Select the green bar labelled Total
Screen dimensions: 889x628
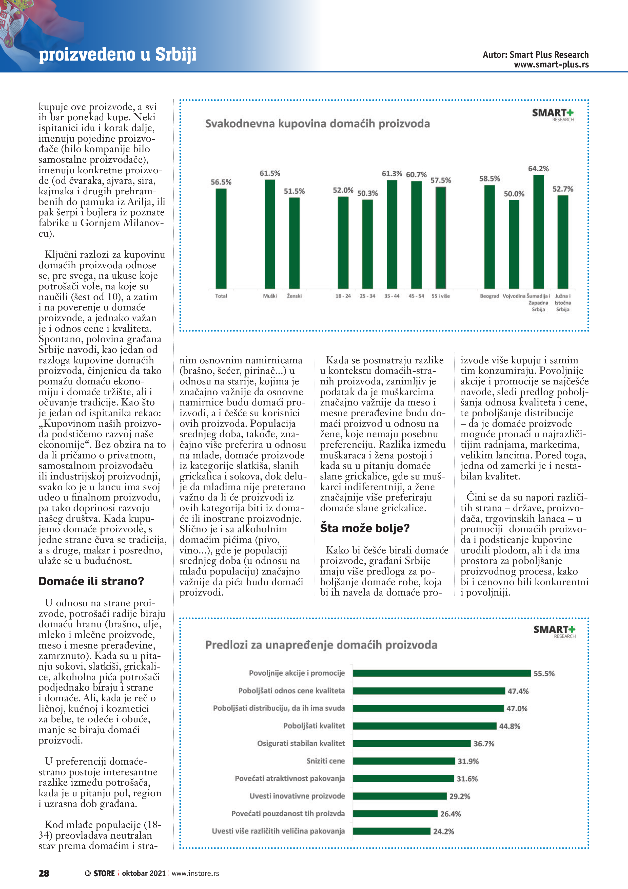pos(221,238)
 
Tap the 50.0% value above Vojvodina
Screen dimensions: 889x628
pos(514,194)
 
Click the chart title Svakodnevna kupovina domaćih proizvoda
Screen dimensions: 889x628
pos(317,123)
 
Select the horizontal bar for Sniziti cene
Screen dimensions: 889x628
pos(404,761)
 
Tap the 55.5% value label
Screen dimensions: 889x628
pos(544,674)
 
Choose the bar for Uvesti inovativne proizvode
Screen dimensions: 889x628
pos(399,796)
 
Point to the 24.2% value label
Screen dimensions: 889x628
pos(443,831)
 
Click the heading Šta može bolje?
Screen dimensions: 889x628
pos(364,528)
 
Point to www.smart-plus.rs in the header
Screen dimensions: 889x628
pos(551,65)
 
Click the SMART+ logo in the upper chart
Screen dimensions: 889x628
pos(553,114)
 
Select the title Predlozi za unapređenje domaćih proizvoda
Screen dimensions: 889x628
pos(321,645)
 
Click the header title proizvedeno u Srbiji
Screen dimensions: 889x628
pos(118,54)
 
